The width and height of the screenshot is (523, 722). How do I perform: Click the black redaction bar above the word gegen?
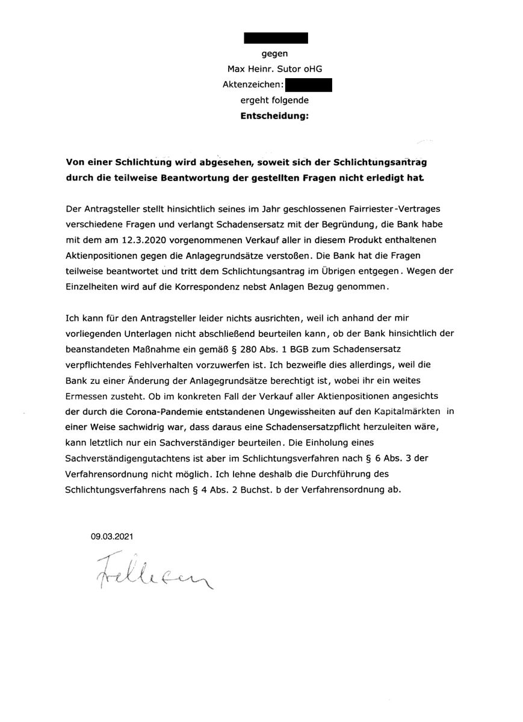[x=276, y=37]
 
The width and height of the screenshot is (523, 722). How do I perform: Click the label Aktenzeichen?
[x=252, y=85]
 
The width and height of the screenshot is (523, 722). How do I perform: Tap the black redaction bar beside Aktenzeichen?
[x=309, y=85]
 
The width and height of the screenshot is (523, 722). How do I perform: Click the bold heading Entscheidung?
[x=274, y=117]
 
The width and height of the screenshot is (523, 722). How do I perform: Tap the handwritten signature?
[x=153, y=574]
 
